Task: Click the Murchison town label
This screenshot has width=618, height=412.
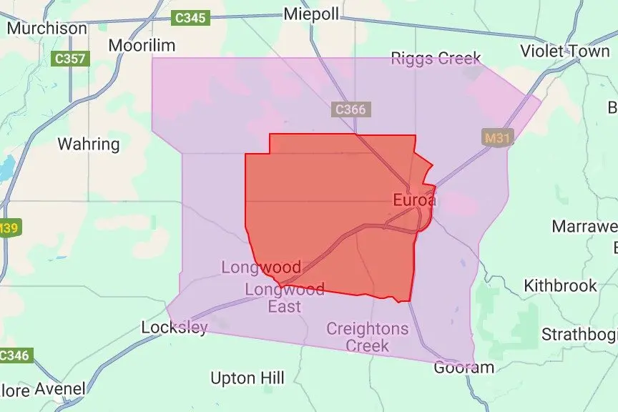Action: [46, 29]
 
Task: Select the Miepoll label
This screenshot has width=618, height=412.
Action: [311, 14]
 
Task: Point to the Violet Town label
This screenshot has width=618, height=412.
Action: [565, 51]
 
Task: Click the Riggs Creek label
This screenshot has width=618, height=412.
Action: [436, 59]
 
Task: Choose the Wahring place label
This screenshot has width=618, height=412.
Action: [88, 144]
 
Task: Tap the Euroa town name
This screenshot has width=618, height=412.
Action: [414, 200]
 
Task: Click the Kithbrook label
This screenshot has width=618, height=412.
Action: [560, 285]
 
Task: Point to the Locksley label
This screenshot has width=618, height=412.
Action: [175, 328]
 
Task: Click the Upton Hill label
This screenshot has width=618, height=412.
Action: [247, 378]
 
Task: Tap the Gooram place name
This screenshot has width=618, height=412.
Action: [464, 368]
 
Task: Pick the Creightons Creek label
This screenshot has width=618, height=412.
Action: [368, 337]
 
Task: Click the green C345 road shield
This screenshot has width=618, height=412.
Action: [191, 18]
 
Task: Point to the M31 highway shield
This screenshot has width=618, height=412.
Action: [497, 138]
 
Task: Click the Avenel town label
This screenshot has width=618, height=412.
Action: [61, 390]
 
